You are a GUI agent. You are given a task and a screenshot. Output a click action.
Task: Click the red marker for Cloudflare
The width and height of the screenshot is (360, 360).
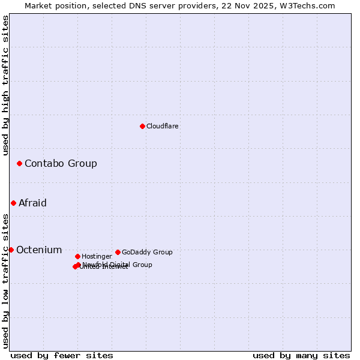coord(142,126)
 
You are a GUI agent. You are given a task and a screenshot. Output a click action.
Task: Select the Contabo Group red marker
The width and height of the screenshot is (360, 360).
coord(19,163)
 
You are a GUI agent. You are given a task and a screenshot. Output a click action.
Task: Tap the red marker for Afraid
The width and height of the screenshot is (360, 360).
coord(13,203)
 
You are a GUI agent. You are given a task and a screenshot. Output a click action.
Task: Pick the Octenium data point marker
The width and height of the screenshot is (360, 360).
coord(11,250)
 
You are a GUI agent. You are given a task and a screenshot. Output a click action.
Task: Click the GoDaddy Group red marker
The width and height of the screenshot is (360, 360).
coord(118,252)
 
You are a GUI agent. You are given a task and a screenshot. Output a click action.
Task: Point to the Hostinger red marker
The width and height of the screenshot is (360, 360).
coord(77,256)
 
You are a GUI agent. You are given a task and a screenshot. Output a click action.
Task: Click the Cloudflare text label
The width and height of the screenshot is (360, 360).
coord(163,126)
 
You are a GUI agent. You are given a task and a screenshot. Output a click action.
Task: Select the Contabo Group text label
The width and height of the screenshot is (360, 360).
coord(61,163)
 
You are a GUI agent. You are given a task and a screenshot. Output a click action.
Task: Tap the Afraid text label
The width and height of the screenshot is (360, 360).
coord(32,203)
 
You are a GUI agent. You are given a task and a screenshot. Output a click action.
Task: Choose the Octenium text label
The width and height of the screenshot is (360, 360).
coord(39,250)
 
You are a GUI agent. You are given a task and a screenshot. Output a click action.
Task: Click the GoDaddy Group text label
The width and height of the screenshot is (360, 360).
coord(147,252)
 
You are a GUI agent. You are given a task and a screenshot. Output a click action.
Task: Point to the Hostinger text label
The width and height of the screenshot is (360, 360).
coord(97,256)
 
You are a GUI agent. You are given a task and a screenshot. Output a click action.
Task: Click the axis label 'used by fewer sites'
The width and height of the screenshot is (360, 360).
coord(62,355)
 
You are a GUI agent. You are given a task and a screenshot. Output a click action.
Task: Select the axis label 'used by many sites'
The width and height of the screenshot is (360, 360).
coord(301,355)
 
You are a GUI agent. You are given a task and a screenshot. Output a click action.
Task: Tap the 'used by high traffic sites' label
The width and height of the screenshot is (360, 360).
coord(5,85)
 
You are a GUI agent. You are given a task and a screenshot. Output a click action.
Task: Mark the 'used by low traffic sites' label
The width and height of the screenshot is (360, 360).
coord(5,280)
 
